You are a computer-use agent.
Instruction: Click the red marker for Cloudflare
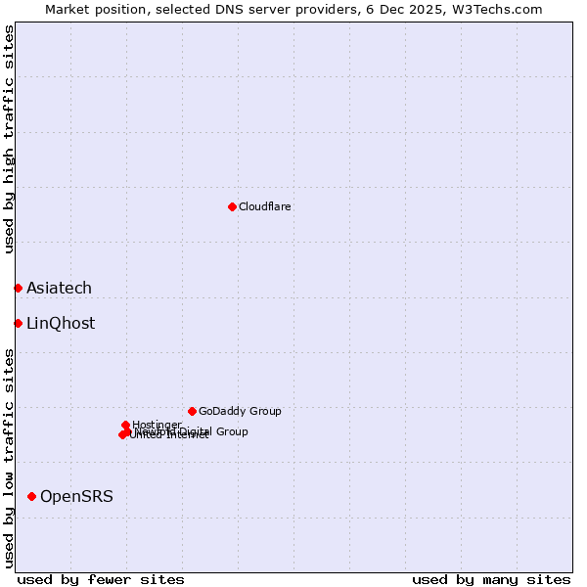(x=232, y=206)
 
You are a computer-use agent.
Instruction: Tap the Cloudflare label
(x=265, y=207)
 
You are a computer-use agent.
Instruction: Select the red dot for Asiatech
(x=18, y=288)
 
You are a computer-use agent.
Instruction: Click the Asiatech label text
(x=59, y=288)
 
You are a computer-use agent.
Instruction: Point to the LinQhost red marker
(x=18, y=323)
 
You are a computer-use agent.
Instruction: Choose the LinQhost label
(x=61, y=324)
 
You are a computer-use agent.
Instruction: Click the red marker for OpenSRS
(x=32, y=497)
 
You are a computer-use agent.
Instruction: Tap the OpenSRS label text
(x=76, y=497)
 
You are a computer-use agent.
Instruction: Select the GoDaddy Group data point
(x=192, y=411)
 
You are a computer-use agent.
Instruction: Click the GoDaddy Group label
(x=240, y=412)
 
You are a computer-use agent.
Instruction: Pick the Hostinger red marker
(x=126, y=425)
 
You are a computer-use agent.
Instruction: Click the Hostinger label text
(x=157, y=425)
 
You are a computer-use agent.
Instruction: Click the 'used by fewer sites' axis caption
(x=101, y=579)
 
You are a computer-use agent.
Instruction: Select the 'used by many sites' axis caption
(x=491, y=579)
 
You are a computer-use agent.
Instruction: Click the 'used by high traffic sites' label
(x=9, y=139)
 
